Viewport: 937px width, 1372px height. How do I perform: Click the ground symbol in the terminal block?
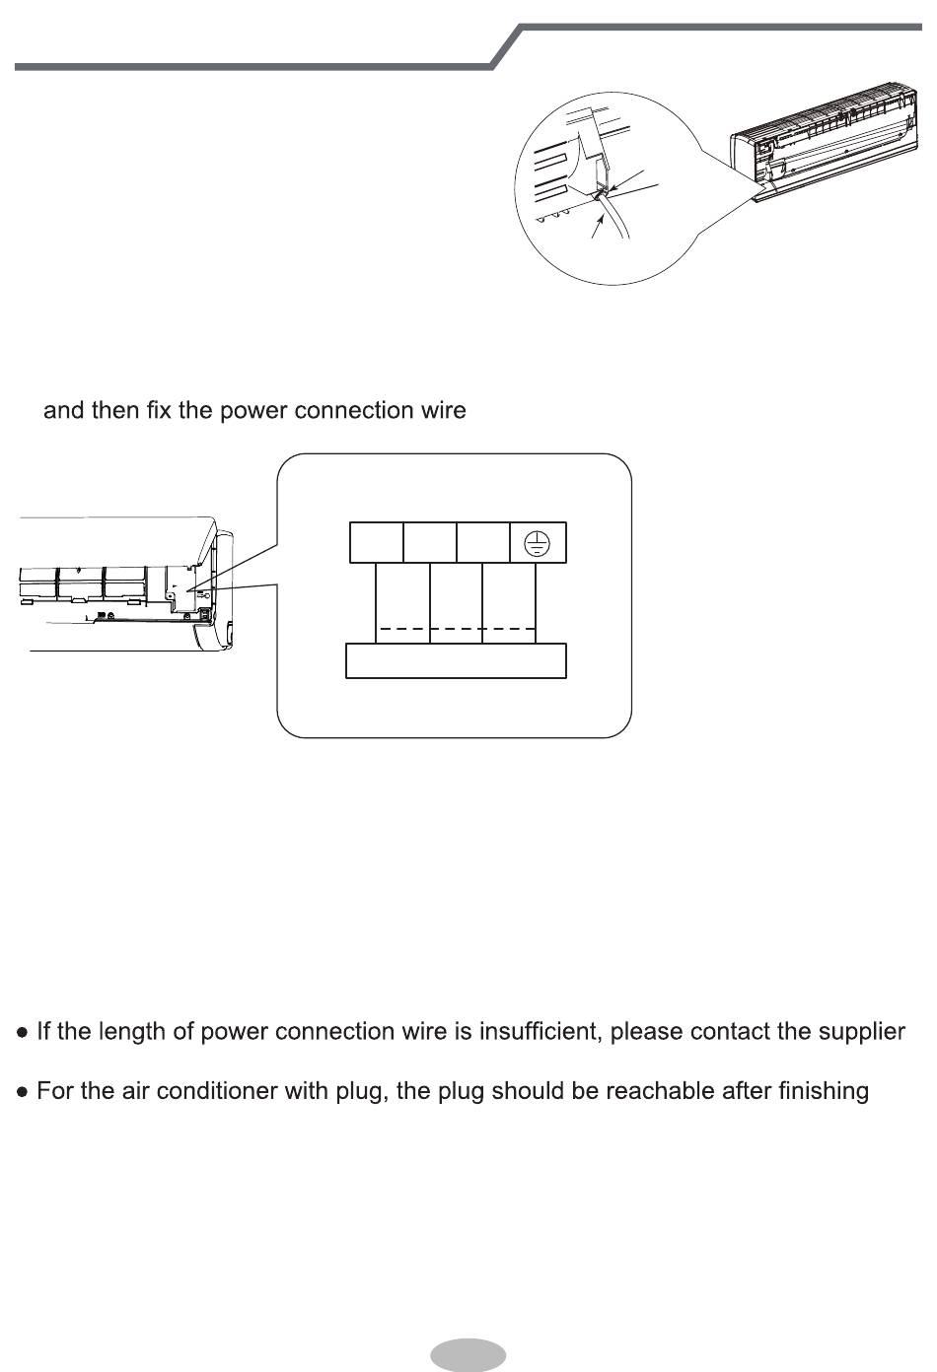[x=536, y=542]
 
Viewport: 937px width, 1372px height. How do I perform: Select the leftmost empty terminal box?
[x=377, y=542]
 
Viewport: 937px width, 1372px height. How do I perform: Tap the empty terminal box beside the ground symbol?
[x=483, y=542]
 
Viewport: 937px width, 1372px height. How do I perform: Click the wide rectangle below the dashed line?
[x=456, y=660]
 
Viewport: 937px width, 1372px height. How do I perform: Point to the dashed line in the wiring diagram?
[x=456, y=629]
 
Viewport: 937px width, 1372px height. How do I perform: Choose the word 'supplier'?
[x=860, y=1032]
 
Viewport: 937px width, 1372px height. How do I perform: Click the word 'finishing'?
[x=823, y=1092]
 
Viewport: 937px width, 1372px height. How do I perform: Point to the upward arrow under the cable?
[x=596, y=226]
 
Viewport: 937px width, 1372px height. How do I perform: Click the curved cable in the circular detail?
[x=618, y=217]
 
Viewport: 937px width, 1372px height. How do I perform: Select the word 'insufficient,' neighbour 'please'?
[x=643, y=1032]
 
